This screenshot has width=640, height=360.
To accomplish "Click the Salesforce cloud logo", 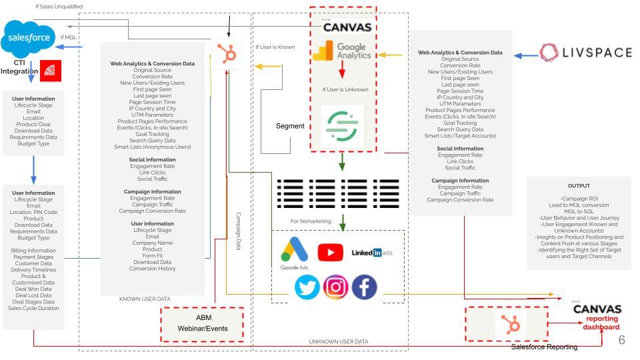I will click(27, 39).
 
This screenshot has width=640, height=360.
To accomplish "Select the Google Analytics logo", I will click(343, 54).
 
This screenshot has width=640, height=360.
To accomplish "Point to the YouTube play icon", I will click(330, 253).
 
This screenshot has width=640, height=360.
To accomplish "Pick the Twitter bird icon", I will click(307, 287).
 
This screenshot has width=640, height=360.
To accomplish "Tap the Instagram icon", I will click(335, 287).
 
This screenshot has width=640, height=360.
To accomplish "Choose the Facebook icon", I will click(364, 287).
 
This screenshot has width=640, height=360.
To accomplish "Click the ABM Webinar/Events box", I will click(203, 323).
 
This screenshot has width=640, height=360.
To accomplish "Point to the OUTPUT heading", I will click(579, 186).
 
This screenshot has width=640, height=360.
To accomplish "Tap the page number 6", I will click(621, 340).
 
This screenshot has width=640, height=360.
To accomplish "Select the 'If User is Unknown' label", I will click(345, 89).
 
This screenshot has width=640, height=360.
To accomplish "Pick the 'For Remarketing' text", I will click(311, 221).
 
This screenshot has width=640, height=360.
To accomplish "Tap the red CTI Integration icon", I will click(51, 71).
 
